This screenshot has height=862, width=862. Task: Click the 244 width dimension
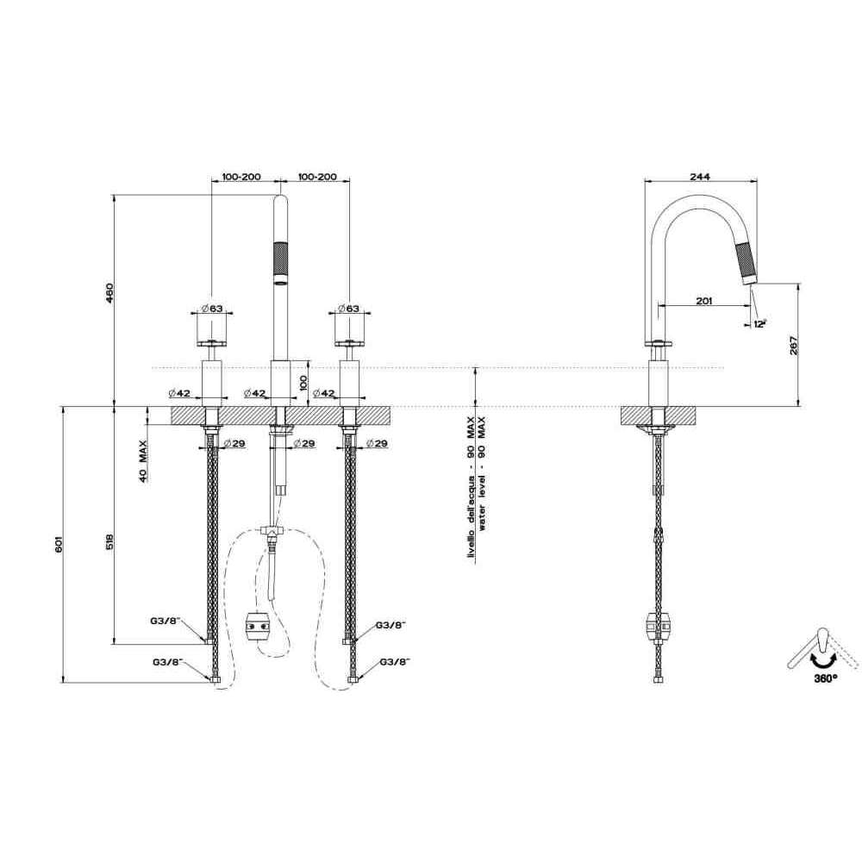point(700,177)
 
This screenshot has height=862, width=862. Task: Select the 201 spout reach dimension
point(703,301)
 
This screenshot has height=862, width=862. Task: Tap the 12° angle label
point(759,324)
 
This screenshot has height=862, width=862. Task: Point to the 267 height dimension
point(793,345)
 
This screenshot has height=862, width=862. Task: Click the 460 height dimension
point(109,294)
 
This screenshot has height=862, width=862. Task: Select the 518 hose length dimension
point(109,542)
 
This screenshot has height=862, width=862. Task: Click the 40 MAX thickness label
point(143,460)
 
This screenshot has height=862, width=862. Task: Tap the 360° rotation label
point(826,678)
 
